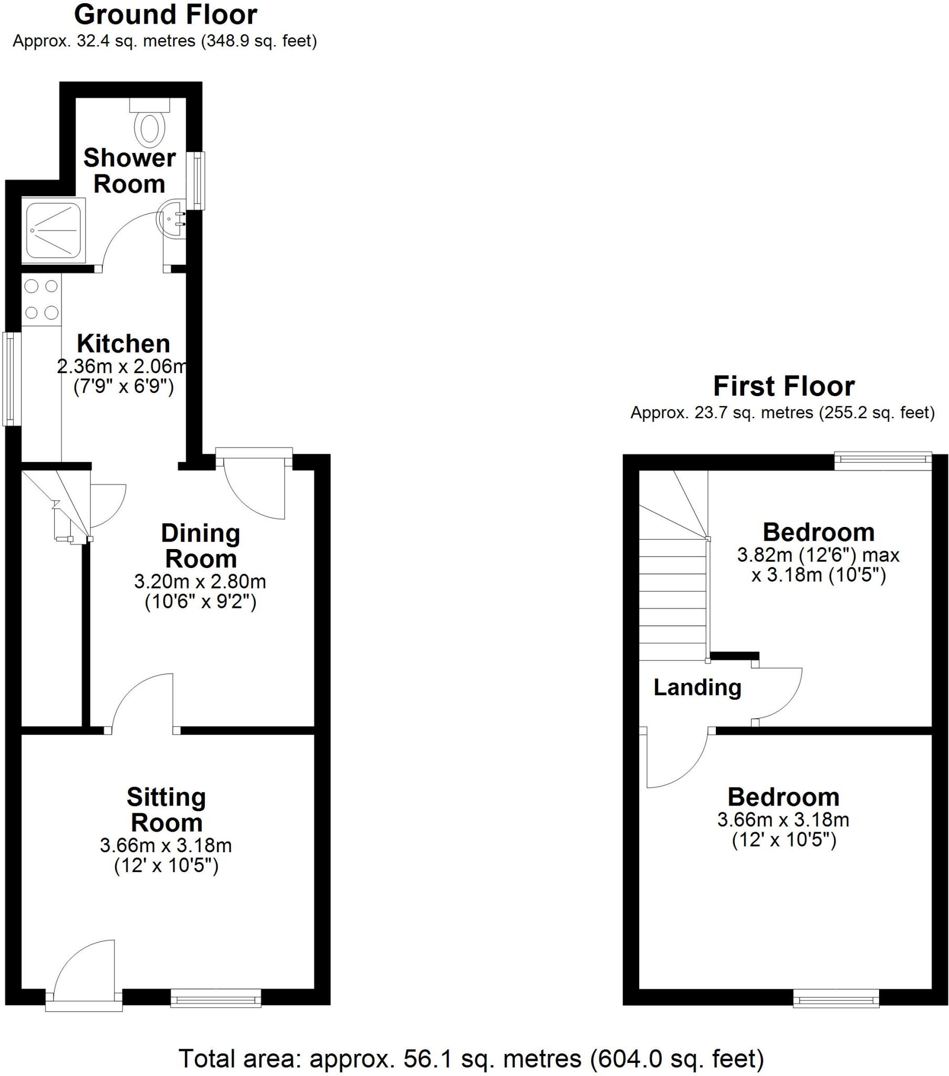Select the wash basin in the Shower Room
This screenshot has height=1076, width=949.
(171, 219)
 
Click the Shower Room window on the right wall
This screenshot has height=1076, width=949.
(198, 180)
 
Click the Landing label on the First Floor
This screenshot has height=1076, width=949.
(697, 688)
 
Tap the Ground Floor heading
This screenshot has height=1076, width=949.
(165, 15)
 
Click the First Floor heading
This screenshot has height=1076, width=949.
(783, 386)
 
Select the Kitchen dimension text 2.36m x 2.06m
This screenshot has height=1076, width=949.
(122, 366)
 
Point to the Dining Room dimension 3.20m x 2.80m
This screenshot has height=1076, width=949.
(200, 581)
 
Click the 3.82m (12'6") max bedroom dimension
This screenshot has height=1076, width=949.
(818, 555)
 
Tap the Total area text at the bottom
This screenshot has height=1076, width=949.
(471, 1058)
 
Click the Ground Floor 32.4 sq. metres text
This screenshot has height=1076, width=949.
(165, 41)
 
